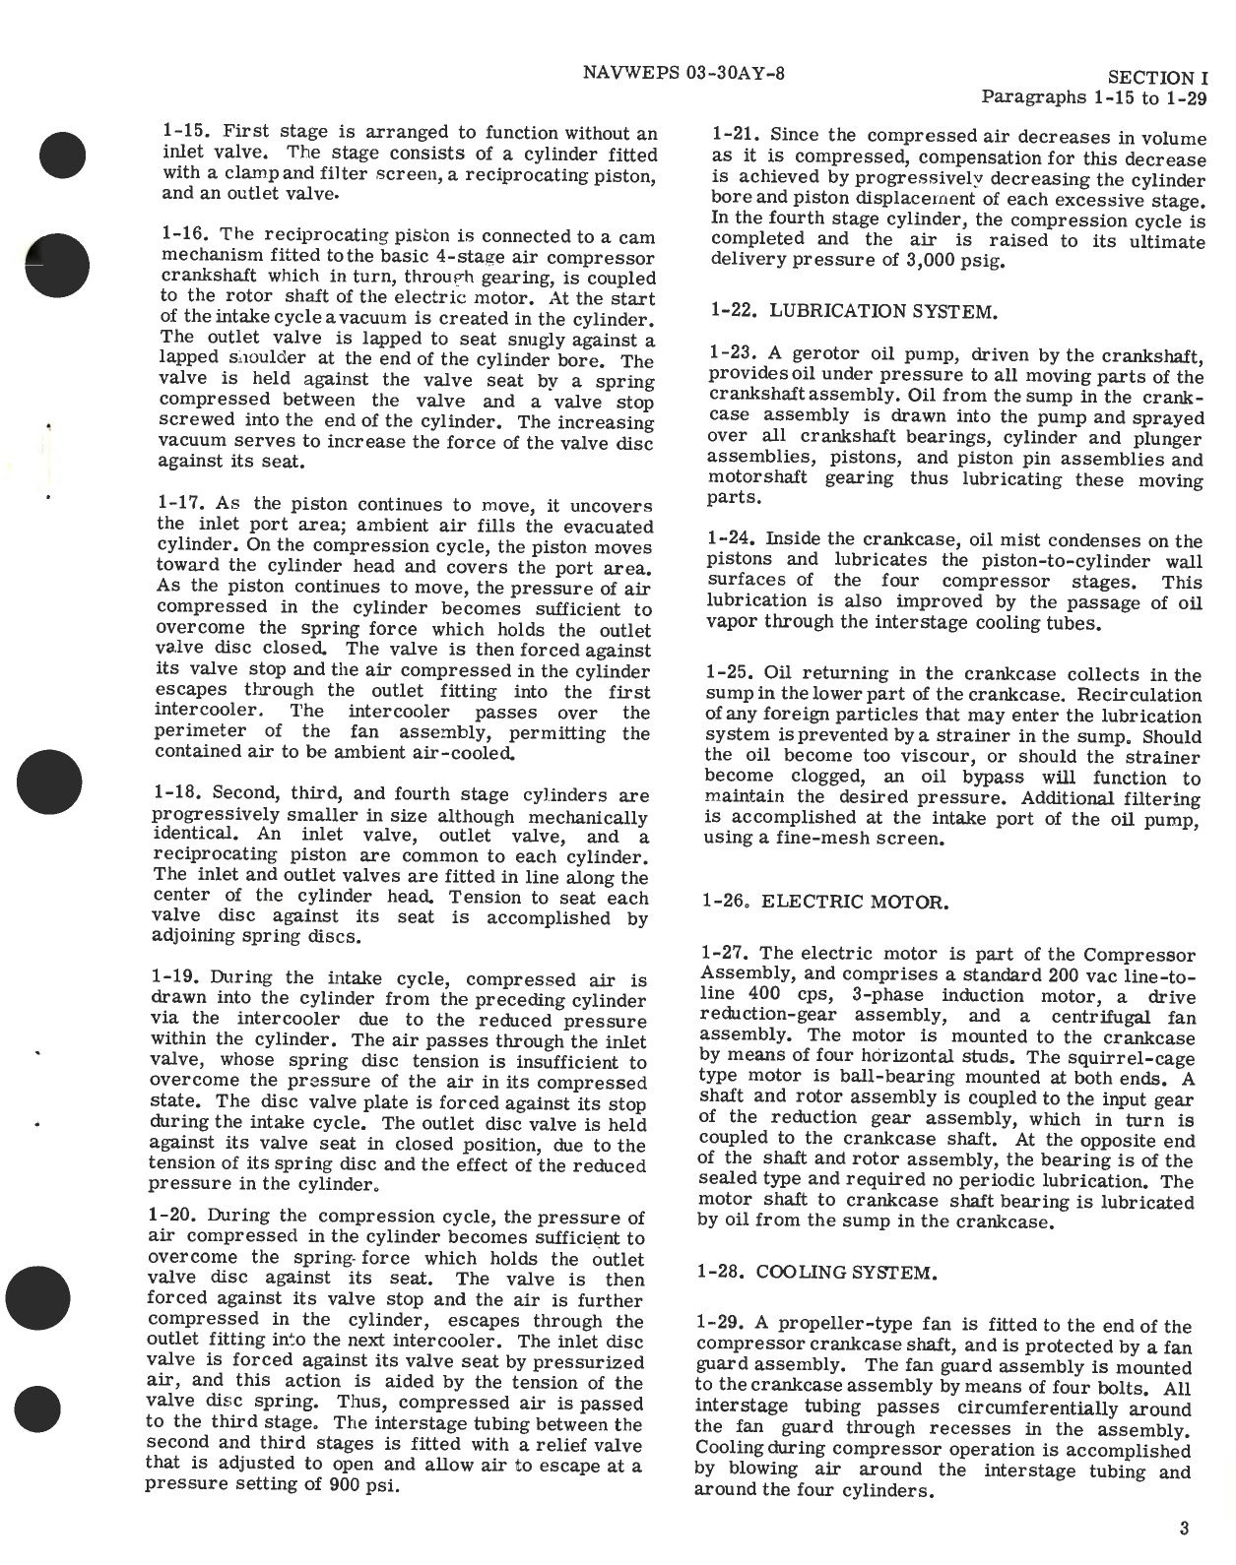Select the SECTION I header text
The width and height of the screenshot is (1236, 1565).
(x=1157, y=78)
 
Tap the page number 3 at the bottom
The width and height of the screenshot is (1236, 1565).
(x=1183, y=1529)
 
